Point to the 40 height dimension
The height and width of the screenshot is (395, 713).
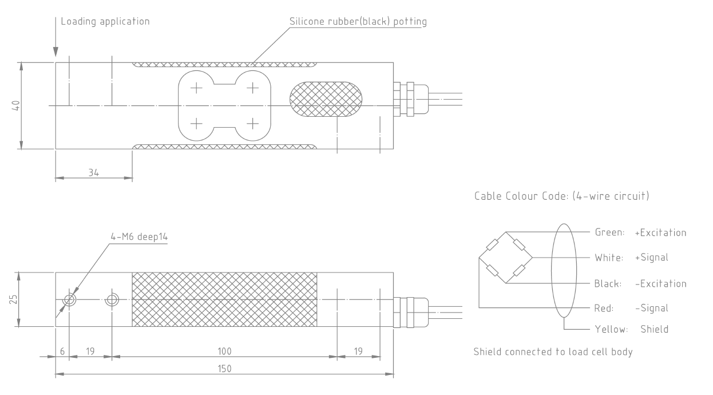coord(17,106)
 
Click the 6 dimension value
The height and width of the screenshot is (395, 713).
coord(62,350)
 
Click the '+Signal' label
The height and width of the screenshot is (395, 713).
coord(651,258)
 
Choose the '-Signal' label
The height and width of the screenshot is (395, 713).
coord(651,308)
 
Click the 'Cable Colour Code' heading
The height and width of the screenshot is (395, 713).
coord(560,196)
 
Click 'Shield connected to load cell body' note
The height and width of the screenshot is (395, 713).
coord(553,351)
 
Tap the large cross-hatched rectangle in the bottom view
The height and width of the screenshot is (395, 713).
coord(224,299)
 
